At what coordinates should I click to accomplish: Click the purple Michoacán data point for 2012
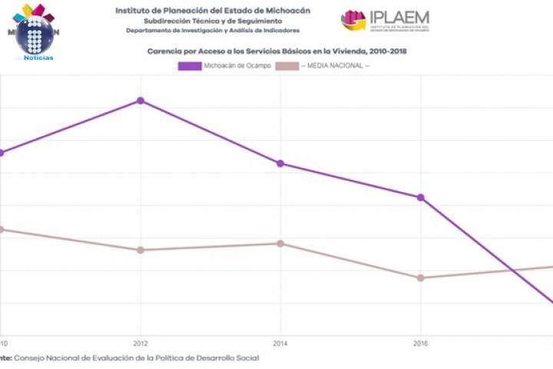point(141,101)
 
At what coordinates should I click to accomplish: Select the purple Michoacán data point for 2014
point(280,163)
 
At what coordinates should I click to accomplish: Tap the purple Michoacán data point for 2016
point(421,198)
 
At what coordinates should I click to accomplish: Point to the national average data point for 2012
point(141,250)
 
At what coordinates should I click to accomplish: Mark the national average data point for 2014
point(280,244)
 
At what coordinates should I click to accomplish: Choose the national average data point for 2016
point(421,278)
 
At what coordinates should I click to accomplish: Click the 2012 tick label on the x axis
point(141,343)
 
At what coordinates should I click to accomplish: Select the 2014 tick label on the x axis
point(280,343)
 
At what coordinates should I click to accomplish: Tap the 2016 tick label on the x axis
point(421,343)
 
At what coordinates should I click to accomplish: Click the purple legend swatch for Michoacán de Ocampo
point(189,66)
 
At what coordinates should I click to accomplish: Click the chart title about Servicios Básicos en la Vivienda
point(276,51)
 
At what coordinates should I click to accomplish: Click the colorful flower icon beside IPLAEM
point(353,20)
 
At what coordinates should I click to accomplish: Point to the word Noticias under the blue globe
point(38,58)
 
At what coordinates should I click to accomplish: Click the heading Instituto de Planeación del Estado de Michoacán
point(213,10)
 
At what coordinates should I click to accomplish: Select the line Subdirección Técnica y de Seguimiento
point(213,21)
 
